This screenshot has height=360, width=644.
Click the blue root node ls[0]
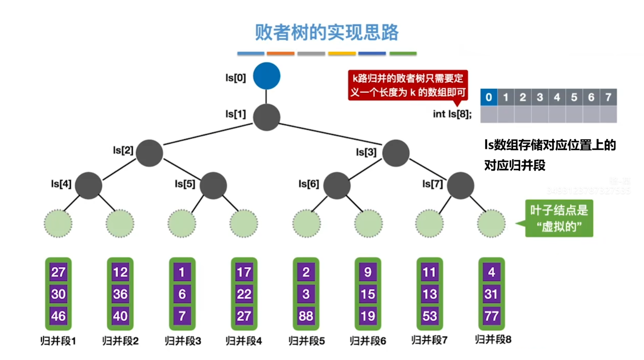[266, 76]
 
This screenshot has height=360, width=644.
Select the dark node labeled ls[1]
[266, 117]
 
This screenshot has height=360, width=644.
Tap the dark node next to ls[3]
[396, 153]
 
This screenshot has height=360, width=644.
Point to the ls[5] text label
[185, 184]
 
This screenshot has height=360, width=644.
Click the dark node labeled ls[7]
[460, 185]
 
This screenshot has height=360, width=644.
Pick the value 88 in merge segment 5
[306, 316]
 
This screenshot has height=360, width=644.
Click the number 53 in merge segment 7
[429, 316]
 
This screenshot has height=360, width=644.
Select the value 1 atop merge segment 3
[182, 272]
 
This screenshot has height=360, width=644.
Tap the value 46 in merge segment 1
[58, 316]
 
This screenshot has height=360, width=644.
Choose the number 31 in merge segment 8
[491, 294]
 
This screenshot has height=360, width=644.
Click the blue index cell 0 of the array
[489, 97]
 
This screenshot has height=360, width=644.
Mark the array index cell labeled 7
[608, 97]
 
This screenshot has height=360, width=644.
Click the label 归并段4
[243, 341]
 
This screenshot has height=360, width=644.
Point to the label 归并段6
[368, 341]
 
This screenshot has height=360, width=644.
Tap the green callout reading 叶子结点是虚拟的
[559, 219]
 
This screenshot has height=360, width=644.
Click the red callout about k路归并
[407, 85]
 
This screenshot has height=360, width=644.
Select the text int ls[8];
[452, 114]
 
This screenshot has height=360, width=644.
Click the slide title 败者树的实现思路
[326, 32]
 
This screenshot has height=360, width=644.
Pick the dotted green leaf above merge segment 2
[120, 224]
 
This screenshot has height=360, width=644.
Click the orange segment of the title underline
[280, 53]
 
